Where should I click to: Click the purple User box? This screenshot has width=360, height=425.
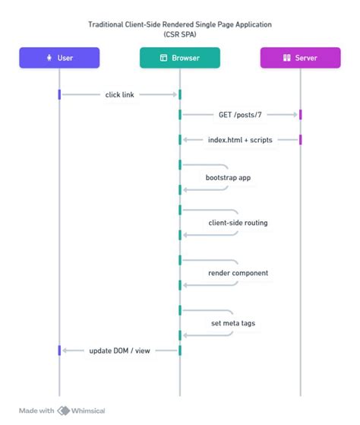coord(59,57)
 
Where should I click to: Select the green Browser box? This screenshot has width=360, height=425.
coord(180,57)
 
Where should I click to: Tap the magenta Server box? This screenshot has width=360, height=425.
coord(300,57)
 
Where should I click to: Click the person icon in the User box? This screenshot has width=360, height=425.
coord(49,57)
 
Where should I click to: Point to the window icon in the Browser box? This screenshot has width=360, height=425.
coord(163,57)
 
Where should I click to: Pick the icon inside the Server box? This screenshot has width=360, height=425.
coord(287,57)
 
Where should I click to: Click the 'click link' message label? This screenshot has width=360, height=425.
coord(119,94)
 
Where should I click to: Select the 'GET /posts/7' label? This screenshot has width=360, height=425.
coord(239,114)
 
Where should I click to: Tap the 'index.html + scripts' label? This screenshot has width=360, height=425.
coord(240,140)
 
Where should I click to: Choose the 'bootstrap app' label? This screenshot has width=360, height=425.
coord(228,177)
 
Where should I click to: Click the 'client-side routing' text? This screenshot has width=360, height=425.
coord(238,223)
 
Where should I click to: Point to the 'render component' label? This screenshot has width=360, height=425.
coord(238,272)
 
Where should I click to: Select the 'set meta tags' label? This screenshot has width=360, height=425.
coord(233,323)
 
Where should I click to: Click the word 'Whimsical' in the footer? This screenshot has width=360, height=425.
coord(90,411)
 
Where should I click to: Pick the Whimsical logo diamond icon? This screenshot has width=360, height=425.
coord(65,411)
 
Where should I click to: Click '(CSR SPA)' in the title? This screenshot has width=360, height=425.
coord(180,34)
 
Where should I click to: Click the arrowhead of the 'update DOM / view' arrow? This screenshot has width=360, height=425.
coord(65,350)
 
